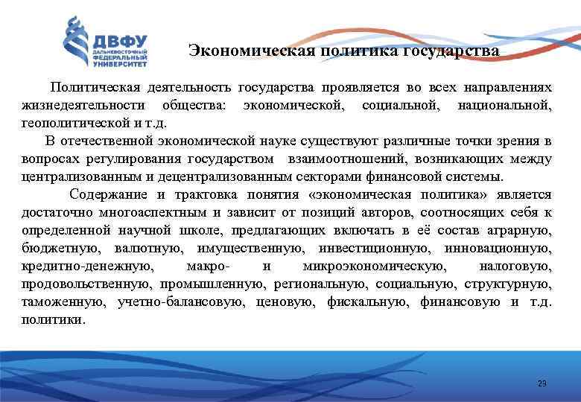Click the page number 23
[542, 383]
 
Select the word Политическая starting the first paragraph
[92, 87]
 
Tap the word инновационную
[504, 248]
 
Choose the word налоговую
[520, 266]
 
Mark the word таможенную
[58, 301]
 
